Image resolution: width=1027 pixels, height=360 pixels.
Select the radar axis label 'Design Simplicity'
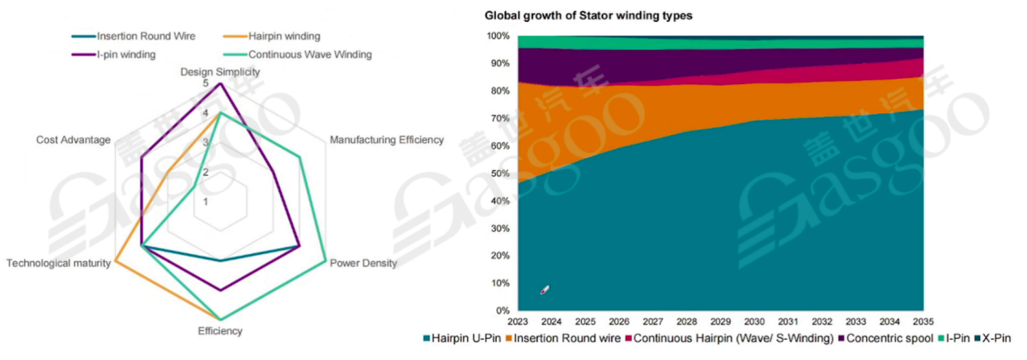tap(220, 71)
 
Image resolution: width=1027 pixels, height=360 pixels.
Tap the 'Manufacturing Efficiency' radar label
tap(387, 140)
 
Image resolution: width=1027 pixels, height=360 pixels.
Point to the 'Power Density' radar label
tap(363, 264)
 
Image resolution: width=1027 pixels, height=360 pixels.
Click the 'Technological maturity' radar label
tap(58, 264)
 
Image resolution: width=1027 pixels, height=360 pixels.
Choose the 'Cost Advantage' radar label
tap(73, 140)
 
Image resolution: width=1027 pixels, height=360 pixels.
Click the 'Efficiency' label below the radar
tap(220, 331)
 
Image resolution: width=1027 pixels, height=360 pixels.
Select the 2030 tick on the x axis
tap(753, 320)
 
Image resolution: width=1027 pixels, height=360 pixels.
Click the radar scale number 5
tap(205, 83)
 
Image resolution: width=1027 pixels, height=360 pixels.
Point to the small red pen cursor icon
tap(545, 290)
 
